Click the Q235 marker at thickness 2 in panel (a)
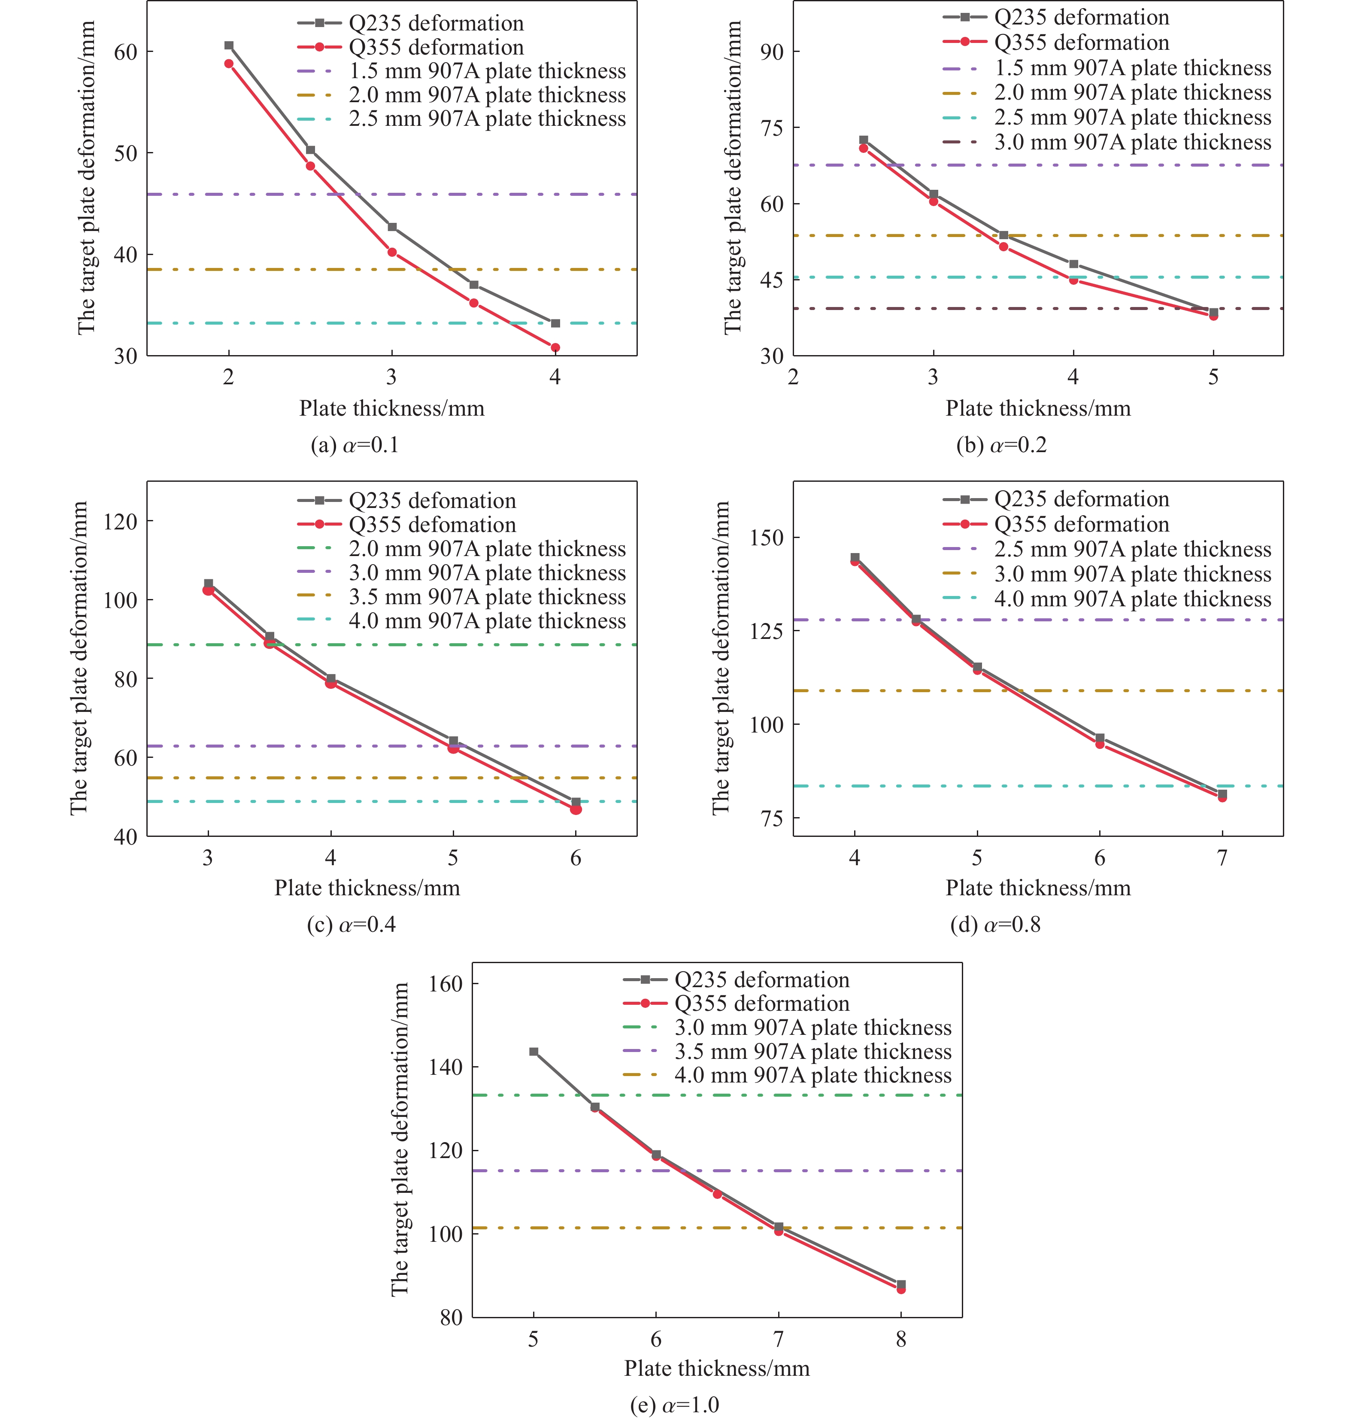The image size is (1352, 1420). [x=229, y=46]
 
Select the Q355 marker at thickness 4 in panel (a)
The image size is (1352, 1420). [x=555, y=347]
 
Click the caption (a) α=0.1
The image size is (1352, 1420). [x=355, y=445]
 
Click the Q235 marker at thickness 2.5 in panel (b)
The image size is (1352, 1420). [x=864, y=140]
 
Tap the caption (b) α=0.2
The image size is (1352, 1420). [x=1001, y=445]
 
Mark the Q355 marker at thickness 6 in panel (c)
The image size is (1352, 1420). [x=576, y=809]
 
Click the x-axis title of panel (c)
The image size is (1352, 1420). [x=367, y=887]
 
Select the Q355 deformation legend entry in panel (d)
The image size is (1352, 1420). [x=1081, y=524]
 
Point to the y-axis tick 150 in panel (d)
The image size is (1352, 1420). [x=767, y=538]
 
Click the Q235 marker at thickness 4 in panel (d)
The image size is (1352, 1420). [x=855, y=557]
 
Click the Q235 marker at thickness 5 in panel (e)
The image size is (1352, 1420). [x=534, y=1052]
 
